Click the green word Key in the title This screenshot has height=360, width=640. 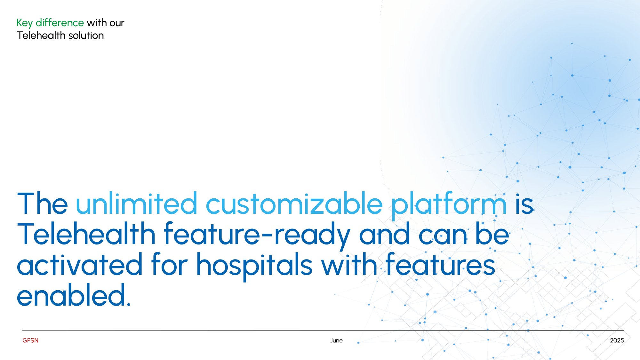25,23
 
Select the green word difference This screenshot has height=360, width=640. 60,23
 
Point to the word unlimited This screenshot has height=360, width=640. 137,204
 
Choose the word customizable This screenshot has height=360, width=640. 294,204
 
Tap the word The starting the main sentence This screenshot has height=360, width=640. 42,204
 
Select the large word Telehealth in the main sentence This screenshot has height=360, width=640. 86,234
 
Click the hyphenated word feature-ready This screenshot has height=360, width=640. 257,236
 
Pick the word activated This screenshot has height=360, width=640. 80,265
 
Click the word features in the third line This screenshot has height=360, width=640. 440,264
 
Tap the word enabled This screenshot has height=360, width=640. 71,295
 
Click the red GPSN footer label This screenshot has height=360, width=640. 30,340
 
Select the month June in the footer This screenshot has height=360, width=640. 336,340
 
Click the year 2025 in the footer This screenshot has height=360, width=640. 617,340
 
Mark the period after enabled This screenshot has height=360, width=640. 129,304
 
